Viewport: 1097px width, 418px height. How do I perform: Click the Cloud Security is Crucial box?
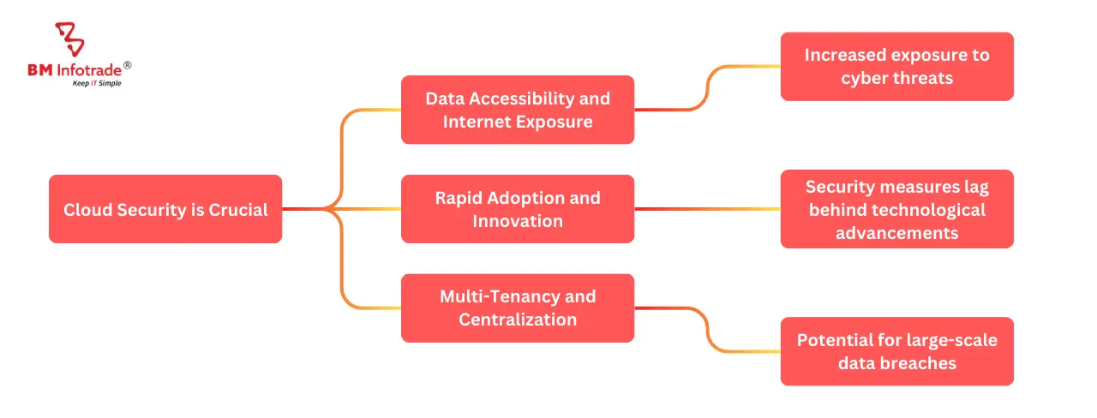[x=165, y=209]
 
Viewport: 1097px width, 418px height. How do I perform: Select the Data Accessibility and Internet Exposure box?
[x=518, y=110]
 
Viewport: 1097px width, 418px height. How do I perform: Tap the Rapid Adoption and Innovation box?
[x=518, y=209]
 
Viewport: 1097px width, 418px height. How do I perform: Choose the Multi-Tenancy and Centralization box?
[x=518, y=308]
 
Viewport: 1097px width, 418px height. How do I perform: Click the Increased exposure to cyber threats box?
[x=896, y=67]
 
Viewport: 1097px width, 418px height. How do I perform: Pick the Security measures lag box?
[x=896, y=209]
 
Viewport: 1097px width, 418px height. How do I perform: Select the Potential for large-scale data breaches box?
[x=896, y=351]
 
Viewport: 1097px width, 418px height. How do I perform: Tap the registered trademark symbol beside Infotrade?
[x=127, y=65]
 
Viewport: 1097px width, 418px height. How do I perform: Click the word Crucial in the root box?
[x=238, y=210]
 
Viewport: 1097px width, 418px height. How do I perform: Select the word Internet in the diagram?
[x=476, y=122]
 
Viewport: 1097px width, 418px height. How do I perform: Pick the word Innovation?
[x=518, y=221]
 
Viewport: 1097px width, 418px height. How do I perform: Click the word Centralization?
[x=518, y=320]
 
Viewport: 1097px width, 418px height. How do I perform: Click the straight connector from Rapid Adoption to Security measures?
[x=707, y=209]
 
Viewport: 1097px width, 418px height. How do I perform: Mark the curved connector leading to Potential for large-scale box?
[x=708, y=330]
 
